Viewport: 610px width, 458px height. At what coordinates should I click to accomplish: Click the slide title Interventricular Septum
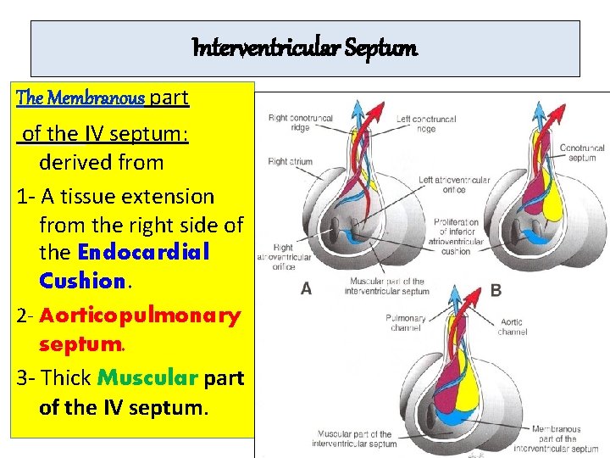click(x=305, y=48)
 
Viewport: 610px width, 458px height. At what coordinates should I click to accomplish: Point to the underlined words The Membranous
click(x=80, y=98)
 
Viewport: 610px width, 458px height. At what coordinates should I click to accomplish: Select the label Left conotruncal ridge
click(x=426, y=124)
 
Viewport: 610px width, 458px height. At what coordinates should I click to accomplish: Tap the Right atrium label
click(x=290, y=161)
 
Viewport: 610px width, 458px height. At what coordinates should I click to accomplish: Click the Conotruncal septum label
click(x=582, y=153)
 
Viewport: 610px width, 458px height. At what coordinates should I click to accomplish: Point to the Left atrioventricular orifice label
click(x=454, y=185)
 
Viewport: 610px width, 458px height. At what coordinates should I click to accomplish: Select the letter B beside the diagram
click(x=496, y=290)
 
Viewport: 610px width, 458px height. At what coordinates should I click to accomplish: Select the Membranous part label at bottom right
click(x=557, y=438)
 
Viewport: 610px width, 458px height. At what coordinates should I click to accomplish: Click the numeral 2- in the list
click(x=26, y=316)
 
